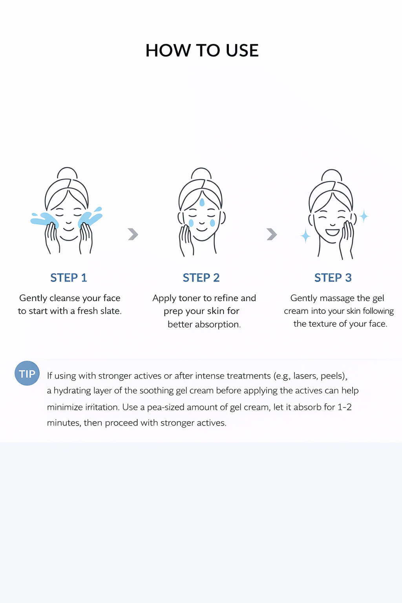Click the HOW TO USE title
pyautogui.click(x=202, y=50)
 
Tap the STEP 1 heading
pyautogui.click(x=69, y=278)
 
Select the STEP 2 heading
pyautogui.click(x=201, y=278)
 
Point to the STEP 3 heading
pyautogui.click(x=333, y=278)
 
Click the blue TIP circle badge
pyautogui.click(x=27, y=373)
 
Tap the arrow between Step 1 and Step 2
pyautogui.click(x=133, y=234)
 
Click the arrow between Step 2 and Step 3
pyautogui.click(x=272, y=234)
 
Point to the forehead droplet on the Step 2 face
pyautogui.click(x=202, y=202)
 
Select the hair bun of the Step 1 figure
pyautogui.click(x=67, y=173)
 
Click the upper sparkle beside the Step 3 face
pyautogui.click(x=364, y=216)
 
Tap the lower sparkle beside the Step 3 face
pyautogui.click(x=305, y=236)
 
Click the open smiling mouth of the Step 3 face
pyautogui.click(x=333, y=232)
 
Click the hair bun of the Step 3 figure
pyautogui.click(x=332, y=175)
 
